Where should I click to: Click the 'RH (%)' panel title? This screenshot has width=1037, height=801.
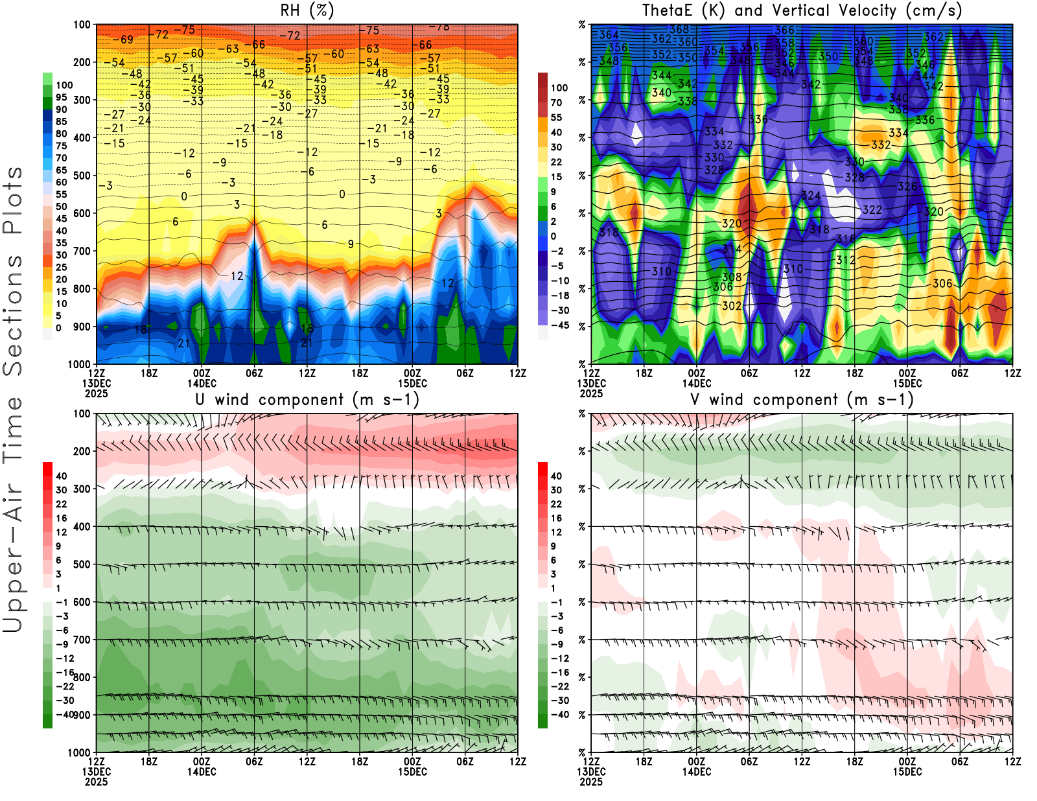tap(307, 10)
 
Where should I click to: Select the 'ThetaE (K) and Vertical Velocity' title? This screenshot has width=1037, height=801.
tap(802, 10)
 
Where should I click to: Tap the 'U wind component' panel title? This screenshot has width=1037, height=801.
tap(307, 400)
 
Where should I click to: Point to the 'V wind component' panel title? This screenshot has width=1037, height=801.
tap(802, 400)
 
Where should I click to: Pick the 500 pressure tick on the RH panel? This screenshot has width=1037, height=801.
tap(82, 176)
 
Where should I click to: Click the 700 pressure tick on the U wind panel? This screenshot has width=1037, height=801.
tap(82, 640)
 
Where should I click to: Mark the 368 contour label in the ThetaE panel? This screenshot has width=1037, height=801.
tap(679, 29)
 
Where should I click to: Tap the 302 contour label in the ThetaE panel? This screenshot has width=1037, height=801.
tap(732, 305)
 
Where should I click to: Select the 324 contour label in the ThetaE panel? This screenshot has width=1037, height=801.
tap(811, 195)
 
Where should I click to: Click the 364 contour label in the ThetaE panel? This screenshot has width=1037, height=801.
tap(609, 35)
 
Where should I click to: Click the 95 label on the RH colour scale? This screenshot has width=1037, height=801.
tap(61, 97)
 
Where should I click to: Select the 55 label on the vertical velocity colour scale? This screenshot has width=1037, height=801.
tap(556, 117)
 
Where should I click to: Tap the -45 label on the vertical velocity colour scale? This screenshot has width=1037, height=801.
tap(559, 325)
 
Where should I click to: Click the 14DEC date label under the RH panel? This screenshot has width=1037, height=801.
tap(202, 383)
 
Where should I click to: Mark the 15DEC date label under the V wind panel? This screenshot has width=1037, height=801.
tap(907, 772)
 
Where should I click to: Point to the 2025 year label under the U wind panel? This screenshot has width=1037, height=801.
tap(96, 782)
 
